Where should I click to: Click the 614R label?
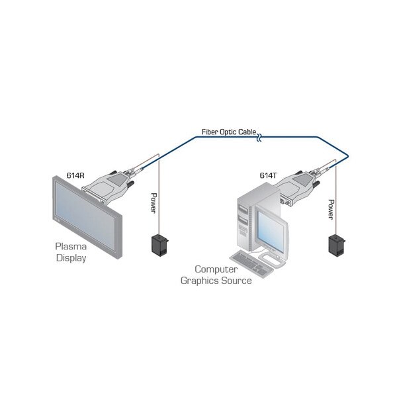click(75, 175)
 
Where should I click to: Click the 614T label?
click(268, 175)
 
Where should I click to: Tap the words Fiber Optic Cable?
click(229, 132)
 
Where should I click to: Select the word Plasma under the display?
click(71, 246)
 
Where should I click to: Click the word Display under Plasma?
click(71, 258)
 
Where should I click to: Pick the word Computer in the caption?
click(216, 269)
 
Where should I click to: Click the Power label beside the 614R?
click(154, 203)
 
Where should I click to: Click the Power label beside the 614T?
click(331, 209)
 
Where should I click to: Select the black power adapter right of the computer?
click(337, 245)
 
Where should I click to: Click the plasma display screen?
click(85, 215)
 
